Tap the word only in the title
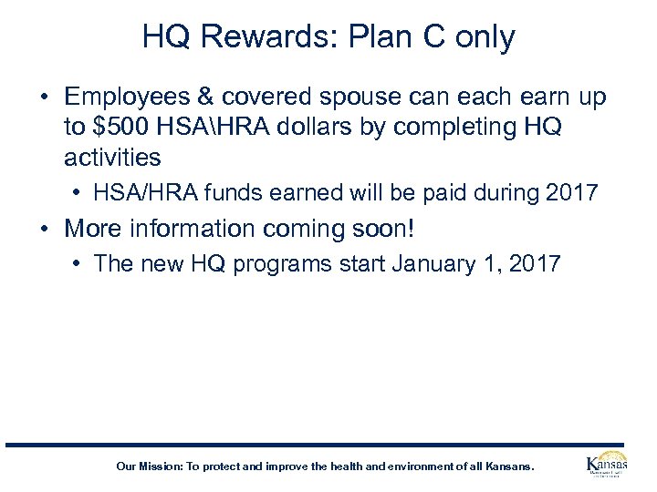tap(483, 37)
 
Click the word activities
tap(112, 157)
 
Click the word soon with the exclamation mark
tap(386, 228)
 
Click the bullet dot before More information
tap(45, 228)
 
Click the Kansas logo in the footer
tap(606, 466)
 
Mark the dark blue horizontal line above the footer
tap(328, 445)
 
